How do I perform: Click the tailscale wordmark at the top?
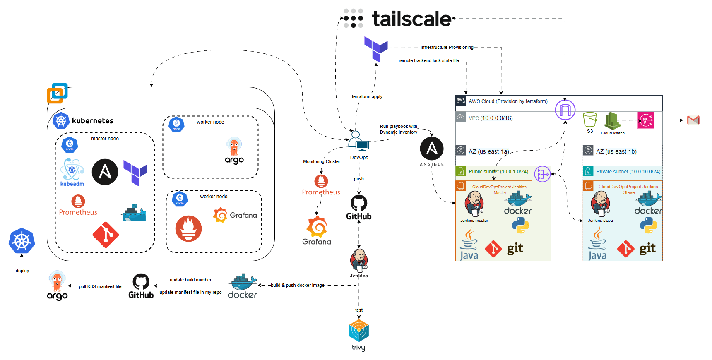click(x=411, y=19)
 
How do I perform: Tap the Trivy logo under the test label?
click(x=358, y=331)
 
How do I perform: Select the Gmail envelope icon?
click(x=693, y=120)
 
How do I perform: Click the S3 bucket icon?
click(x=590, y=120)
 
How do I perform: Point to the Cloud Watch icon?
click(x=612, y=121)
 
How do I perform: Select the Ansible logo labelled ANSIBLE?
click(x=432, y=149)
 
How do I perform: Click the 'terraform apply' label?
click(x=367, y=96)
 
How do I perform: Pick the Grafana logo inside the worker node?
click(x=235, y=215)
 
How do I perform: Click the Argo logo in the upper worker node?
click(x=234, y=151)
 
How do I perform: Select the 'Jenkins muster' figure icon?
click(x=474, y=204)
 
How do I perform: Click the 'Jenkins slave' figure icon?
click(x=600, y=204)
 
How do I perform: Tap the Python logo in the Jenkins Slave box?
click(x=648, y=226)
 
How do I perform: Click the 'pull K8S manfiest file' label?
click(x=100, y=286)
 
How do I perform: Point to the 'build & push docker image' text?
click(x=298, y=285)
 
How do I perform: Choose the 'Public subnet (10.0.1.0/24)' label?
click(x=498, y=171)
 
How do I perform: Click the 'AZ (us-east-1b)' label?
click(x=616, y=151)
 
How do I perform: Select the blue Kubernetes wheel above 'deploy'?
click(x=22, y=241)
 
